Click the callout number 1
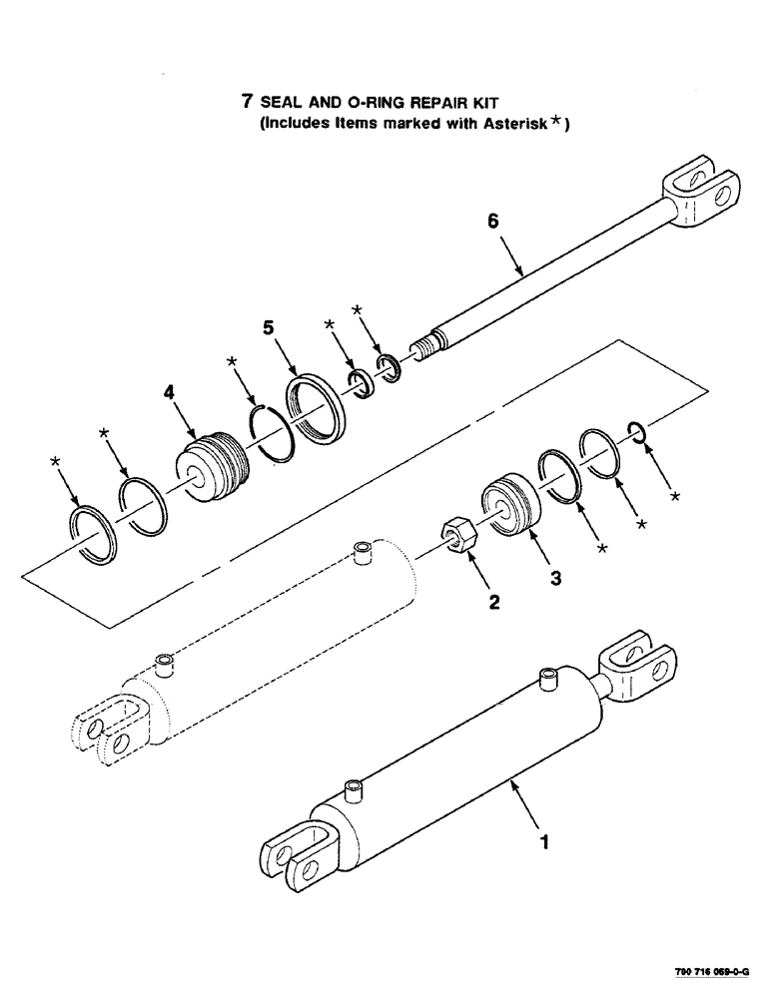click(x=544, y=841)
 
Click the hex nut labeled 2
click(x=459, y=536)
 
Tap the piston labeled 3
click(x=510, y=506)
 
